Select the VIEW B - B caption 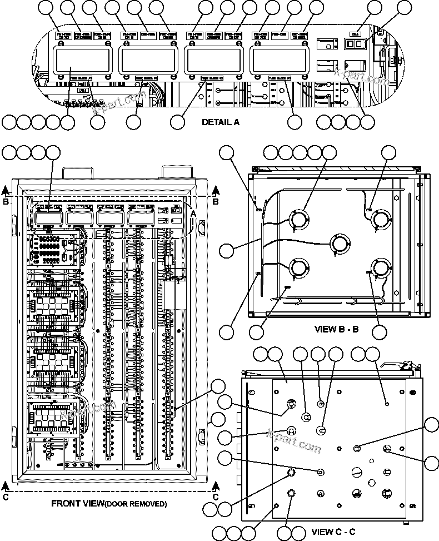(x=337, y=329)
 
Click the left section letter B (x=6, y=202)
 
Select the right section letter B (x=216, y=202)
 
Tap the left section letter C (x=6, y=497)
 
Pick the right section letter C (x=216, y=497)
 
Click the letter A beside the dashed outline (x=193, y=213)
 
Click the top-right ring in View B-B (x=382, y=219)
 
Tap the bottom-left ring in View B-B (x=299, y=268)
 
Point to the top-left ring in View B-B (x=299, y=219)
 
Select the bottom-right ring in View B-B (x=382, y=269)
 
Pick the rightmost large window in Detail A (x=280, y=60)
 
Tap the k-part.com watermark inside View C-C (x=294, y=441)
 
